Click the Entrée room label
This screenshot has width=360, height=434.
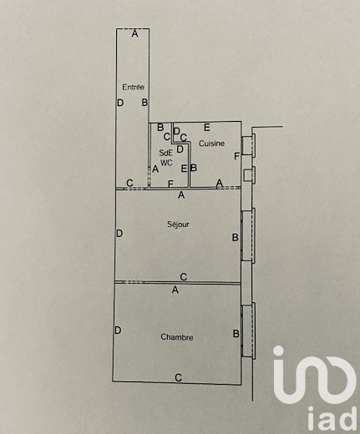tap(134, 87)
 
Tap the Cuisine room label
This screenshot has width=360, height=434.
tap(211, 144)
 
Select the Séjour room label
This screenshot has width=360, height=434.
tap(178, 224)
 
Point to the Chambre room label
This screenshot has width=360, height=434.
tap(177, 337)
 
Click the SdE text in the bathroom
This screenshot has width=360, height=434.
tap(165, 153)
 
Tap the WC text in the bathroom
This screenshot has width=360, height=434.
tap(166, 163)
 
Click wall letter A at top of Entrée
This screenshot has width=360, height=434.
tap(134, 34)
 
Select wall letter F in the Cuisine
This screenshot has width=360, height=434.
tap(236, 156)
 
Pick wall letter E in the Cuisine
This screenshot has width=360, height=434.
tap(206, 128)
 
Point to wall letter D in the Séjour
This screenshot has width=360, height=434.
tap(119, 233)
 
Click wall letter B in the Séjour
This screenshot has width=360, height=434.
tap(236, 238)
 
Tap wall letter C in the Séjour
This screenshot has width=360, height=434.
tap(183, 277)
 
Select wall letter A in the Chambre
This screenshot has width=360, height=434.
tap(175, 290)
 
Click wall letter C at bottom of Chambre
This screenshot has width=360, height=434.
tap(178, 377)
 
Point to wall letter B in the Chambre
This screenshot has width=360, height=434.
tap(236, 334)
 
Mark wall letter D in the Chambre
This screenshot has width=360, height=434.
tap(118, 331)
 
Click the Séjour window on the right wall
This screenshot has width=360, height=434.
tap(248, 235)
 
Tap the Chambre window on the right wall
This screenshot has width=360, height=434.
tap(248, 331)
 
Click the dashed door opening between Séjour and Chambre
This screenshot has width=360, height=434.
tap(134, 282)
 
